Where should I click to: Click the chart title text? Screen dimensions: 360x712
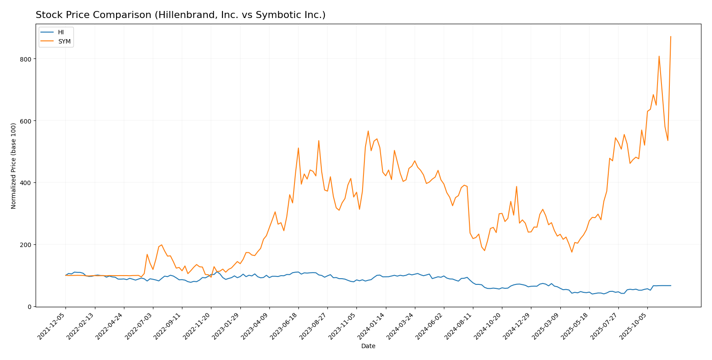(180, 15)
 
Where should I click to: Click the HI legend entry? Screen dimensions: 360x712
(61, 33)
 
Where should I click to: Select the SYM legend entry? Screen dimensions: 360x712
(64, 42)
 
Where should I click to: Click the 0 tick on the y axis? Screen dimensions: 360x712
(29, 307)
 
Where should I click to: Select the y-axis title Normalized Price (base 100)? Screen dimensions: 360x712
(14, 166)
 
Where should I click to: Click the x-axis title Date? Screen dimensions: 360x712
(368, 346)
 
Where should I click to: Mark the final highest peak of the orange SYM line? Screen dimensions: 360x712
(671, 36)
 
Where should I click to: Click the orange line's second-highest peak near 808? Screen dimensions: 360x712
(659, 56)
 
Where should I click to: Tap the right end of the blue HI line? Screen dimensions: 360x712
(671, 286)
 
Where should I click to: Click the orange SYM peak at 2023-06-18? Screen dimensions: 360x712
(298, 148)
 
